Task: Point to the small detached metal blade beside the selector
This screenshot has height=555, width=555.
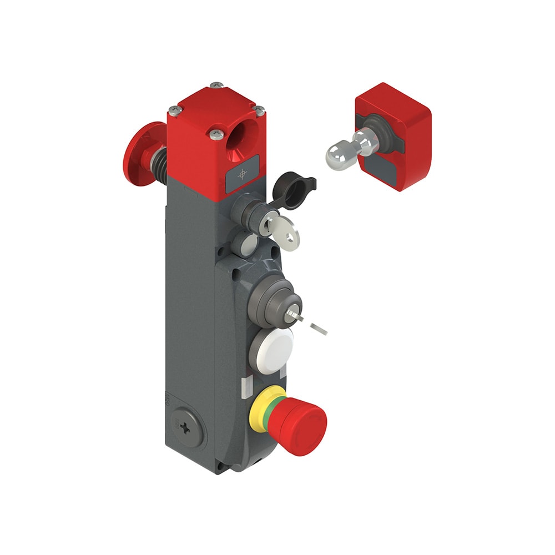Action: [x=319, y=329]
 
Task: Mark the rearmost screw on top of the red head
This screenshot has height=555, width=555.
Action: [x=216, y=85]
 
